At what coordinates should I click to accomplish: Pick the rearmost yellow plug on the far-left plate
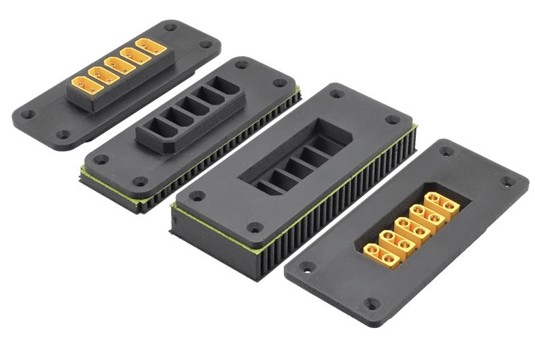pyautogui.click(x=151, y=47)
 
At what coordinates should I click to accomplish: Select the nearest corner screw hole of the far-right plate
pyautogui.click(x=371, y=303)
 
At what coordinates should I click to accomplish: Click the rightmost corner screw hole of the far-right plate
pyautogui.click(x=508, y=181)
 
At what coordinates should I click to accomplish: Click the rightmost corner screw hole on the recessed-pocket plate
pyautogui.click(x=393, y=120)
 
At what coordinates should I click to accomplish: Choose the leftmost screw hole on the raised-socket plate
pyautogui.click(x=101, y=159)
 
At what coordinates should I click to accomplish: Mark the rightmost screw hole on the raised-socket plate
pyautogui.click(x=280, y=83)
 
